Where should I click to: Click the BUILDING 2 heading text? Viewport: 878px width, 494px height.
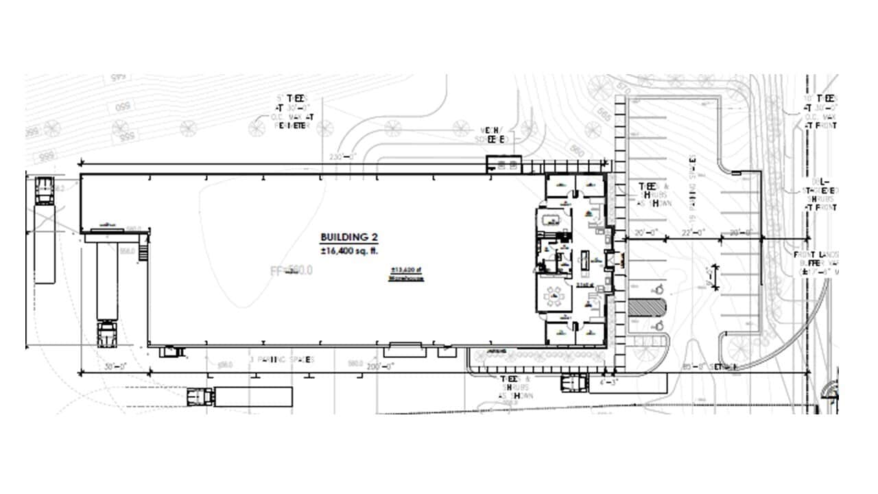[x=349, y=237]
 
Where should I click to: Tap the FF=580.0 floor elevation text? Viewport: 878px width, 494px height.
[x=292, y=271]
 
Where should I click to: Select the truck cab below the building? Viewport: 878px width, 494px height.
[x=200, y=396]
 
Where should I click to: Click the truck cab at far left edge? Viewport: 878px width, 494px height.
[x=44, y=190]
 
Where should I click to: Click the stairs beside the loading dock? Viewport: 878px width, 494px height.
[x=143, y=247]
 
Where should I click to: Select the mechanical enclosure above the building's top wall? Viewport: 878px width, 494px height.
[x=504, y=165]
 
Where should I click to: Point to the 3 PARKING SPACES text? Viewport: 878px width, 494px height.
[x=282, y=360]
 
